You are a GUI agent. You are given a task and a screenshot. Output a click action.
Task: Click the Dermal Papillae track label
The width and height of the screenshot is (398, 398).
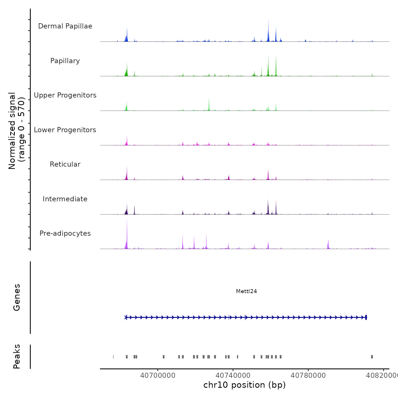(x=65, y=26)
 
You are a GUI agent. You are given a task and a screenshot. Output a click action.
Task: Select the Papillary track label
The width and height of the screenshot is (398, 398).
(x=65, y=61)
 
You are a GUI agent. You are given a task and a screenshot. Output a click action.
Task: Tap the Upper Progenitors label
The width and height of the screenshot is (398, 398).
(x=65, y=95)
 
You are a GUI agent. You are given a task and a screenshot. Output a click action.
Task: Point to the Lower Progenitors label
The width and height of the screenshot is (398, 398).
(x=65, y=130)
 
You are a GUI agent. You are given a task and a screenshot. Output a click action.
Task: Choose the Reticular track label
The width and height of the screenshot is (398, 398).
(x=65, y=164)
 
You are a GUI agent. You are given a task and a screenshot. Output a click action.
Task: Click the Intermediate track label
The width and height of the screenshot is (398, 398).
(x=65, y=199)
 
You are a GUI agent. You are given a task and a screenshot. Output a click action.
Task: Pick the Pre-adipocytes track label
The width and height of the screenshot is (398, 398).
(x=65, y=233)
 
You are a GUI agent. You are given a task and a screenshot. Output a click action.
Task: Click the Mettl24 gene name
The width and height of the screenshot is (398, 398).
(x=246, y=291)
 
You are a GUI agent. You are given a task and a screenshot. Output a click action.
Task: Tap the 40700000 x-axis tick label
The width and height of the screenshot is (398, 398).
(x=158, y=375)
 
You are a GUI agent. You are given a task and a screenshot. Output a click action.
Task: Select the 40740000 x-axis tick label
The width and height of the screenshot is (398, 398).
(x=233, y=375)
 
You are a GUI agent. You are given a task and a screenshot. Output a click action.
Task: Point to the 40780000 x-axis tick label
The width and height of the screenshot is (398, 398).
(x=308, y=375)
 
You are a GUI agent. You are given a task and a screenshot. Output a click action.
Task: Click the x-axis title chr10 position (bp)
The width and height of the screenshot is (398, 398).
(x=244, y=385)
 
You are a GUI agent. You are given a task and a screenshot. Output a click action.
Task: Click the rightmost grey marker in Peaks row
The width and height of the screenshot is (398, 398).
(x=372, y=357)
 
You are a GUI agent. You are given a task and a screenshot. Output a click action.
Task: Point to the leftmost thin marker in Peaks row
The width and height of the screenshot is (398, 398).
(x=113, y=357)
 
